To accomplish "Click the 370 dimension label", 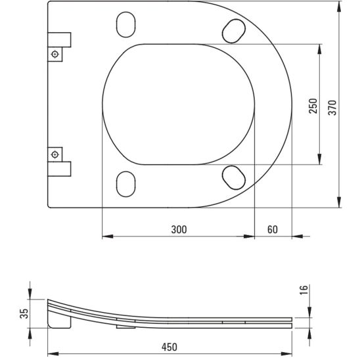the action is (332, 108).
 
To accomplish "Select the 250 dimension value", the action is (313, 106).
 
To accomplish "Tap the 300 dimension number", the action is (179, 229).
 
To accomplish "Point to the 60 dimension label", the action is (273, 229).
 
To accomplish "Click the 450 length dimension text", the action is (169, 347).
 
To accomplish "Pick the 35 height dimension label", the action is (24, 313).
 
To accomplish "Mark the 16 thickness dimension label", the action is (304, 290).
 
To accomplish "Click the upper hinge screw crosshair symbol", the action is (55, 54).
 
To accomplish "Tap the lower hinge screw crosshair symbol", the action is (55, 154).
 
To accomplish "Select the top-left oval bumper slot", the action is (126, 24).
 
